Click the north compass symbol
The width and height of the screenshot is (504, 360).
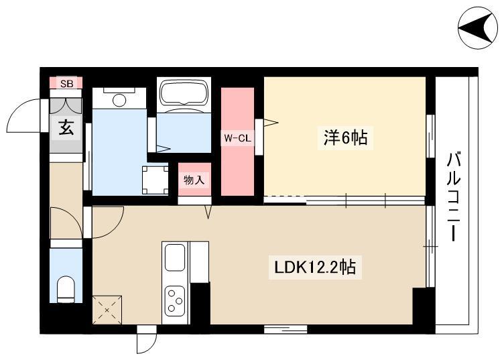click(478, 28)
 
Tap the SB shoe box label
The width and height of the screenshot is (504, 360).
click(67, 84)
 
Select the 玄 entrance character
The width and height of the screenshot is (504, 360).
click(66, 127)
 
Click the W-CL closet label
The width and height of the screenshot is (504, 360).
click(237, 139)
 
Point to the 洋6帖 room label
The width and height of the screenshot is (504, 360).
click(346, 138)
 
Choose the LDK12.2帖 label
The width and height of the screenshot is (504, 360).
click(315, 267)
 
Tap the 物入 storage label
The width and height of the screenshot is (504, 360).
click(194, 180)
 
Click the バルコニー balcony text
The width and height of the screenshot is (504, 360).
click(453, 197)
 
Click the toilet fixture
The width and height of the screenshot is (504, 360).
click(66, 289)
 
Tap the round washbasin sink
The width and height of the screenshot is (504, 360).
click(119, 100)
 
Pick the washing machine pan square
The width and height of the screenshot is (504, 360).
click(155, 180)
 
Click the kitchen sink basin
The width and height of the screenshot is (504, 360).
click(175, 257)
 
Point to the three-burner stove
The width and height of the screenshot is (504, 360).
click(175, 301)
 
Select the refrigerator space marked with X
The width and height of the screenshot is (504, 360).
click(107, 310)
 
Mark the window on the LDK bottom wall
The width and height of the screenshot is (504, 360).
click(286, 328)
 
